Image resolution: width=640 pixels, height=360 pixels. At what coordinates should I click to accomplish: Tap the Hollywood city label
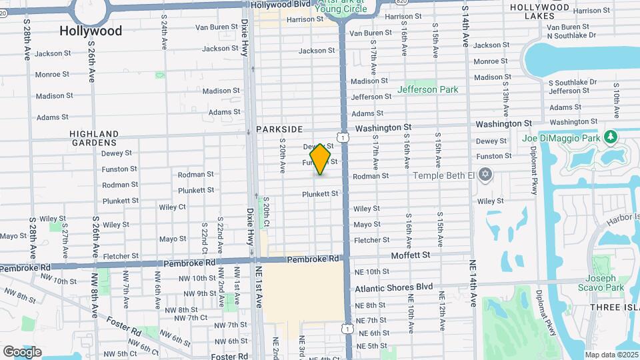(x=91, y=31)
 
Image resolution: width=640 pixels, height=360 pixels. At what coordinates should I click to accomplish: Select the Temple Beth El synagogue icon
(x=485, y=175)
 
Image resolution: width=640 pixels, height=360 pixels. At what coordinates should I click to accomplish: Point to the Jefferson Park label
(x=427, y=89)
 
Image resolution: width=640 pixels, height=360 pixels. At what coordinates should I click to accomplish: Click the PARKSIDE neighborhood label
(x=279, y=129)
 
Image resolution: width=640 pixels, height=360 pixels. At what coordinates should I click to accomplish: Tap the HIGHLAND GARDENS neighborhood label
(x=94, y=138)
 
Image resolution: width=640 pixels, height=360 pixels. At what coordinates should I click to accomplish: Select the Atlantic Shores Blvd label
(x=393, y=287)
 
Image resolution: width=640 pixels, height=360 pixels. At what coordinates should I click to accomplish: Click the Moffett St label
(x=411, y=255)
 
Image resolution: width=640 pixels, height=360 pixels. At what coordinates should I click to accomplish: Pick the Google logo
(x=22, y=351)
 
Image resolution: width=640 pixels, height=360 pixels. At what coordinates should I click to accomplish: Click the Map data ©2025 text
(x=611, y=355)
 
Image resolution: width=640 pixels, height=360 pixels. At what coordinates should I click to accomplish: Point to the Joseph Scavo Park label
(x=604, y=283)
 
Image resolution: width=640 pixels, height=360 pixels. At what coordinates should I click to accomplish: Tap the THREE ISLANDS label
(x=614, y=307)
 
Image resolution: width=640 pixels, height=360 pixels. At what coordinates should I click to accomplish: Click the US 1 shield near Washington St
(x=341, y=137)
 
